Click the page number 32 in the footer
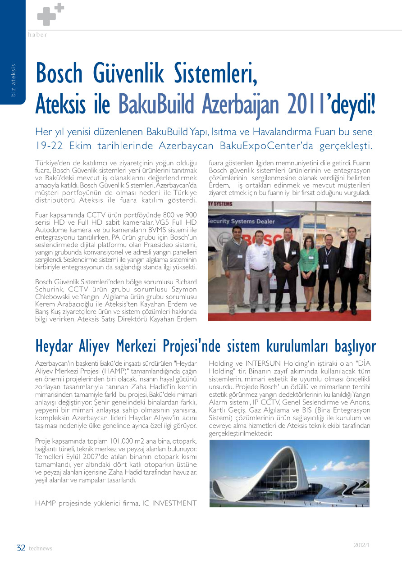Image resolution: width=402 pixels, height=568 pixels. click(x=21, y=548)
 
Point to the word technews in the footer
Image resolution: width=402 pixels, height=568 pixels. click(x=41, y=549)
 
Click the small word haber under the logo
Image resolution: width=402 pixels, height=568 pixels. click(x=37, y=35)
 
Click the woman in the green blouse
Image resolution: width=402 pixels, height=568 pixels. click(x=308, y=266)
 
